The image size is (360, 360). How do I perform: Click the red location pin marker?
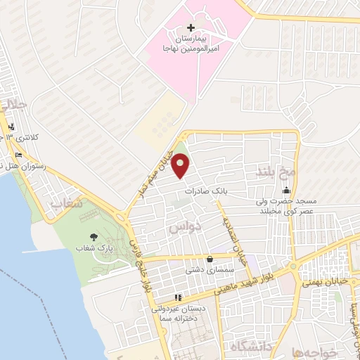(x=181, y=166)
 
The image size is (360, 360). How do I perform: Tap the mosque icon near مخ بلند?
(x=285, y=191)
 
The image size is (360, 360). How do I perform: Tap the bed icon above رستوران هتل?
(x=19, y=155)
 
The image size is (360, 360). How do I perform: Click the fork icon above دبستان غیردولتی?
(x=178, y=297)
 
